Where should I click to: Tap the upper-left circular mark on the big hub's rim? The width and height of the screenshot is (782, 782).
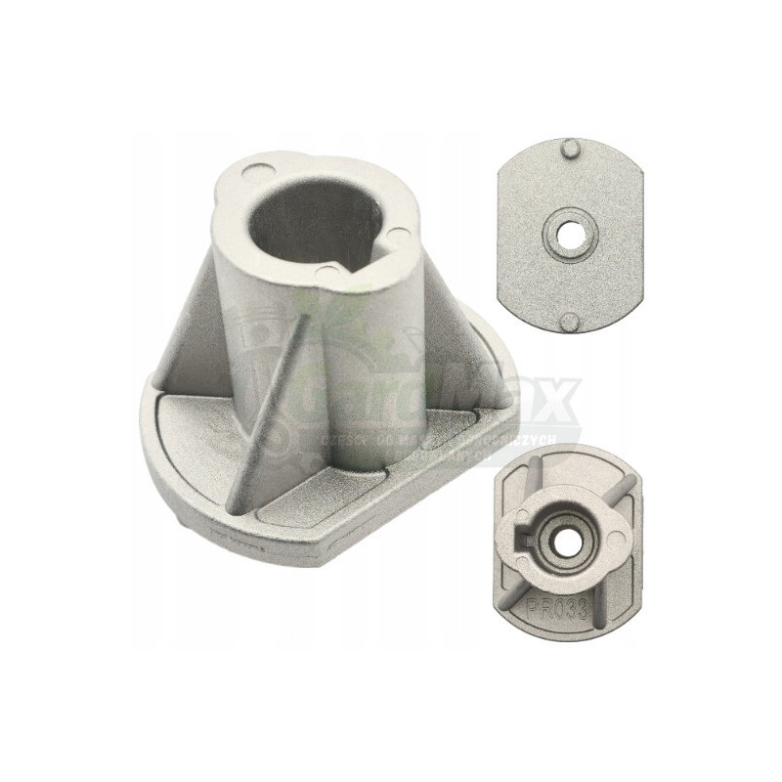click(248, 174)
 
